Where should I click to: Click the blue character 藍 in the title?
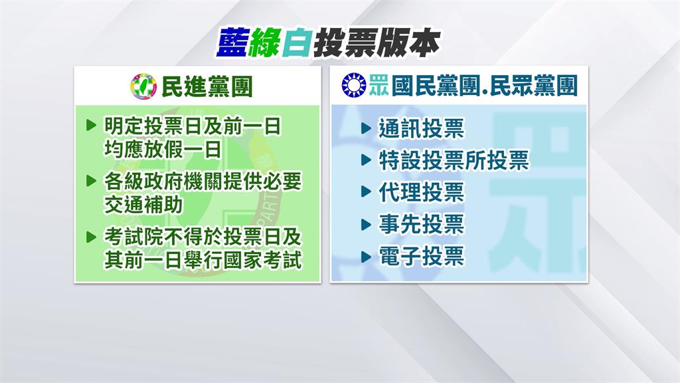click(234, 45)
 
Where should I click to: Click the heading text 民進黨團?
click(206, 86)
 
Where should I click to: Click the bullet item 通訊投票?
click(421, 128)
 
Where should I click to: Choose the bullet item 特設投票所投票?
click(454, 160)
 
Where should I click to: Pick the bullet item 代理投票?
click(421, 193)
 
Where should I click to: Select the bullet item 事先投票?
click(421, 225)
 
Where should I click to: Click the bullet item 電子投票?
click(421, 257)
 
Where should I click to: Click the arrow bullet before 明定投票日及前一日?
click(92, 126)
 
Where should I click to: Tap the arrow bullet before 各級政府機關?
click(92, 181)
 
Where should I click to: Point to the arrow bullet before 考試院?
click(92, 236)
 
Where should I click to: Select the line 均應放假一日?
click(162, 150)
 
